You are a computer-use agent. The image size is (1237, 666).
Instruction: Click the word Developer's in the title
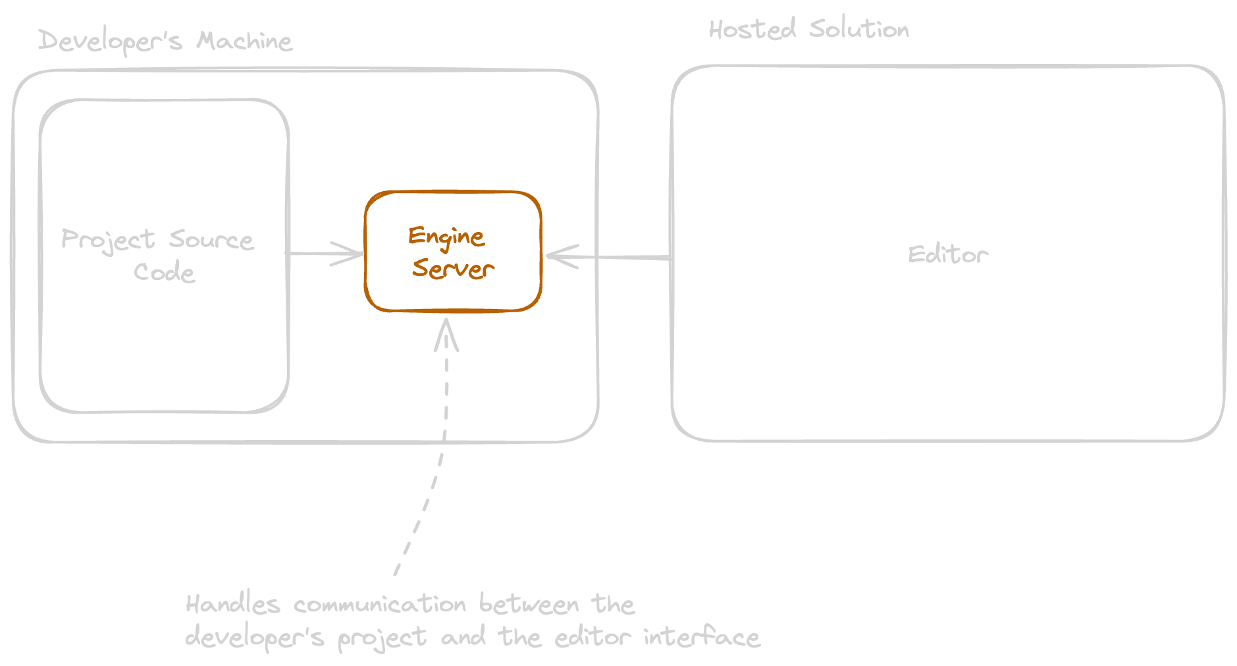[110, 42]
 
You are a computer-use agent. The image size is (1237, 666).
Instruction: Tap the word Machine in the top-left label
[244, 41]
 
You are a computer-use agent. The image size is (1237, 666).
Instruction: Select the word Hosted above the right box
[752, 30]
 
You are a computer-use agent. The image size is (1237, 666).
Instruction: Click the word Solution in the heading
[859, 29]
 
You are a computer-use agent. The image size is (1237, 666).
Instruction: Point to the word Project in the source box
[108, 240]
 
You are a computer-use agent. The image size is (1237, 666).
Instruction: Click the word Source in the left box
[211, 240]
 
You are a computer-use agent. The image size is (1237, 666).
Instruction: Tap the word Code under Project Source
[165, 271]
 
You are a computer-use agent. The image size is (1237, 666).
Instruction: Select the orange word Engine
[446, 236]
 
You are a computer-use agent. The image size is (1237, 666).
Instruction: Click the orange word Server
[453, 269]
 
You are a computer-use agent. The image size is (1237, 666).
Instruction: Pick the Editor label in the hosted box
[948, 254]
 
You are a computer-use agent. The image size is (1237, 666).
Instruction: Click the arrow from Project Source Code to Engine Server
[326, 254]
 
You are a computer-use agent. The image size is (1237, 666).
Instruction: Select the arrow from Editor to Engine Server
[609, 256]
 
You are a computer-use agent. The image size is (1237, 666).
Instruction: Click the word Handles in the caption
[233, 604]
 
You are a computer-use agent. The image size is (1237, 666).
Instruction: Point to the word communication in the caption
[380, 604]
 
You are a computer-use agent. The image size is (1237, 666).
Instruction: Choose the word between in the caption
[529, 604]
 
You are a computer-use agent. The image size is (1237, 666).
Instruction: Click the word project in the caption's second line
[382, 638]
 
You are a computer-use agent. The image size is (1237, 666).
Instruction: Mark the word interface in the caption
[702, 637]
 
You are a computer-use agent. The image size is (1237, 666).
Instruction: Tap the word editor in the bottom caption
[592, 637]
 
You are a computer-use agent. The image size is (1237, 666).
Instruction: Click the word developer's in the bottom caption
[255, 637]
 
